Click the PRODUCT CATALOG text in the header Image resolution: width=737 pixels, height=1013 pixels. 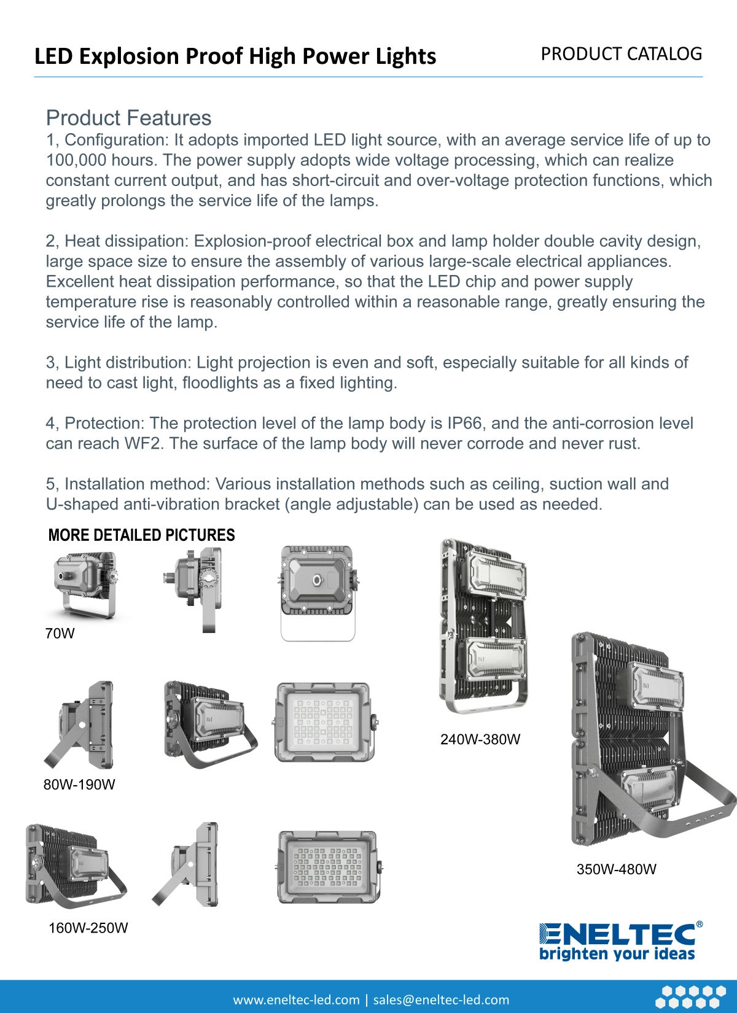[621, 54]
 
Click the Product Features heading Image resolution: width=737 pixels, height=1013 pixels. [128, 118]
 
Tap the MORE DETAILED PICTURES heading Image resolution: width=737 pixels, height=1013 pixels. [141, 535]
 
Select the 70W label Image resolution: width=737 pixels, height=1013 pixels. [60, 634]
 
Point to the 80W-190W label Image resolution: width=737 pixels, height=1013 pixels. [79, 785]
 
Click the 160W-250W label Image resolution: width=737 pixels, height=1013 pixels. [88, 928]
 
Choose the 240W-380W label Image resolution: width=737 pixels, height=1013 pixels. [480, 739]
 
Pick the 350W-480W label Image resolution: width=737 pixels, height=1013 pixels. [616, 869]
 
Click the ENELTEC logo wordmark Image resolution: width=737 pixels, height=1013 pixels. [617, 934]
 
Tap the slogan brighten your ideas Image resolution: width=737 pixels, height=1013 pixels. [617, 954]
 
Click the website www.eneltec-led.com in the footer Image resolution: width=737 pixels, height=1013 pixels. [296, 999]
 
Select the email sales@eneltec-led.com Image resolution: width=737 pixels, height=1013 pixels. [441, 999]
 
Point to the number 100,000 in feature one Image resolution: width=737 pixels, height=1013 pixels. [76, 160]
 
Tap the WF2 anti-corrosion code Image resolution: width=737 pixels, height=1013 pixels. [142, 444]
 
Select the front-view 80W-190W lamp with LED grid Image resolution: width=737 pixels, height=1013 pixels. [324, 722]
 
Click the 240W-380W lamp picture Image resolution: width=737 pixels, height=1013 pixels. [483, 626]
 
